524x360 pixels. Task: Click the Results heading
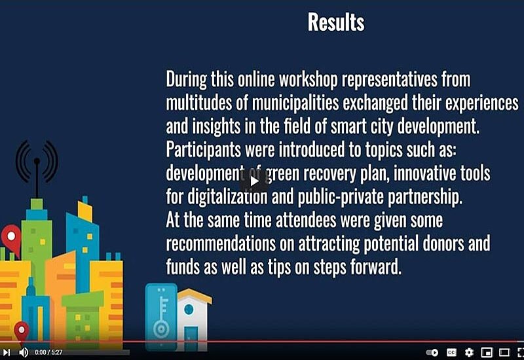point(336,22)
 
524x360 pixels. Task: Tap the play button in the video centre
point(254,181)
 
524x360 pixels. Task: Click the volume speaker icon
point(24,352)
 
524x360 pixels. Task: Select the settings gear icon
point(469,352)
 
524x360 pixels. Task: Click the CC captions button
point(451,352)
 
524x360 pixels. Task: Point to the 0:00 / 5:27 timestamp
point(48,352)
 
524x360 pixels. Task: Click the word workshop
point(308,80)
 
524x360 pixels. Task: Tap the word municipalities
point(295,103)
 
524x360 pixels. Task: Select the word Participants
point(203,150)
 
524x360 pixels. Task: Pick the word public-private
point(340,197)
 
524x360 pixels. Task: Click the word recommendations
point(221,243)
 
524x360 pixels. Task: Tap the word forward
point(375,267)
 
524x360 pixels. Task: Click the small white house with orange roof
point(194,319)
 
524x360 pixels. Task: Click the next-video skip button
point(7,352)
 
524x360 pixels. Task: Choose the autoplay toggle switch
point(432,352)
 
